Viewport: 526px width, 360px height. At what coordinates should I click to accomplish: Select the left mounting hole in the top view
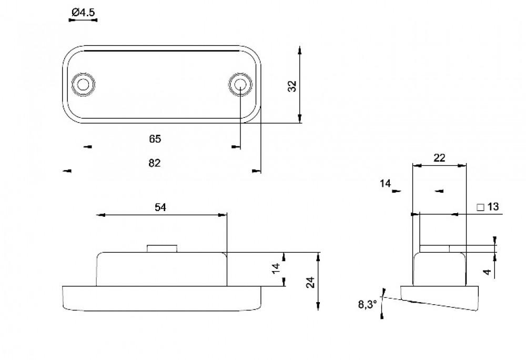(x=83, y=84)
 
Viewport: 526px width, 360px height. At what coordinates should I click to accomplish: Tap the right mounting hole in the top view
(x=240, y=84)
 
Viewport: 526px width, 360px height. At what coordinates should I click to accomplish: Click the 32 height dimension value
(x=293, y=86)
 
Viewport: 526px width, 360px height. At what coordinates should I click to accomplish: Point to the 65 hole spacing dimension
(x=155, y=139)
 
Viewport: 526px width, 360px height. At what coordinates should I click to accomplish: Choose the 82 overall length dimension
(x=154, y=163)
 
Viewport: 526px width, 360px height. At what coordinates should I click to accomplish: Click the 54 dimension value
(x=160, y=208)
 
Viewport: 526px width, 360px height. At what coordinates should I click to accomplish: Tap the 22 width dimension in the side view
(x=439, y=157)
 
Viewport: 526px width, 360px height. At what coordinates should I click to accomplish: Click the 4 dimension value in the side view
(x=487, y=272)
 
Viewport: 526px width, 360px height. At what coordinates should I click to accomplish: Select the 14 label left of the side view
(x=385, y=183)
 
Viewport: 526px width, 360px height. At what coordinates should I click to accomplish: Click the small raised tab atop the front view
(x=161, y=248)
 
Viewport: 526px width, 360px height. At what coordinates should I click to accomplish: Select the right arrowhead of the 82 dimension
(x=256, y=171)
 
